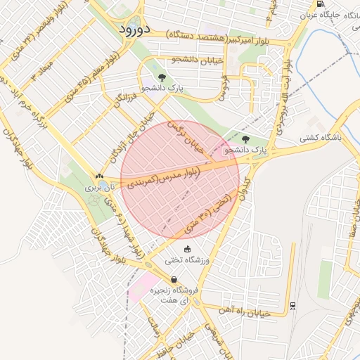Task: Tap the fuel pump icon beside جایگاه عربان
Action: (x=321, y=4)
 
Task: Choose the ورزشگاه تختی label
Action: (x=188, y=259)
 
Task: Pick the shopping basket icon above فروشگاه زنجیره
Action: (x=174, y=279)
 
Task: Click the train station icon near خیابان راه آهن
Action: (x=292, y=306)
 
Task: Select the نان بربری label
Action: (x=99, y=188)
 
